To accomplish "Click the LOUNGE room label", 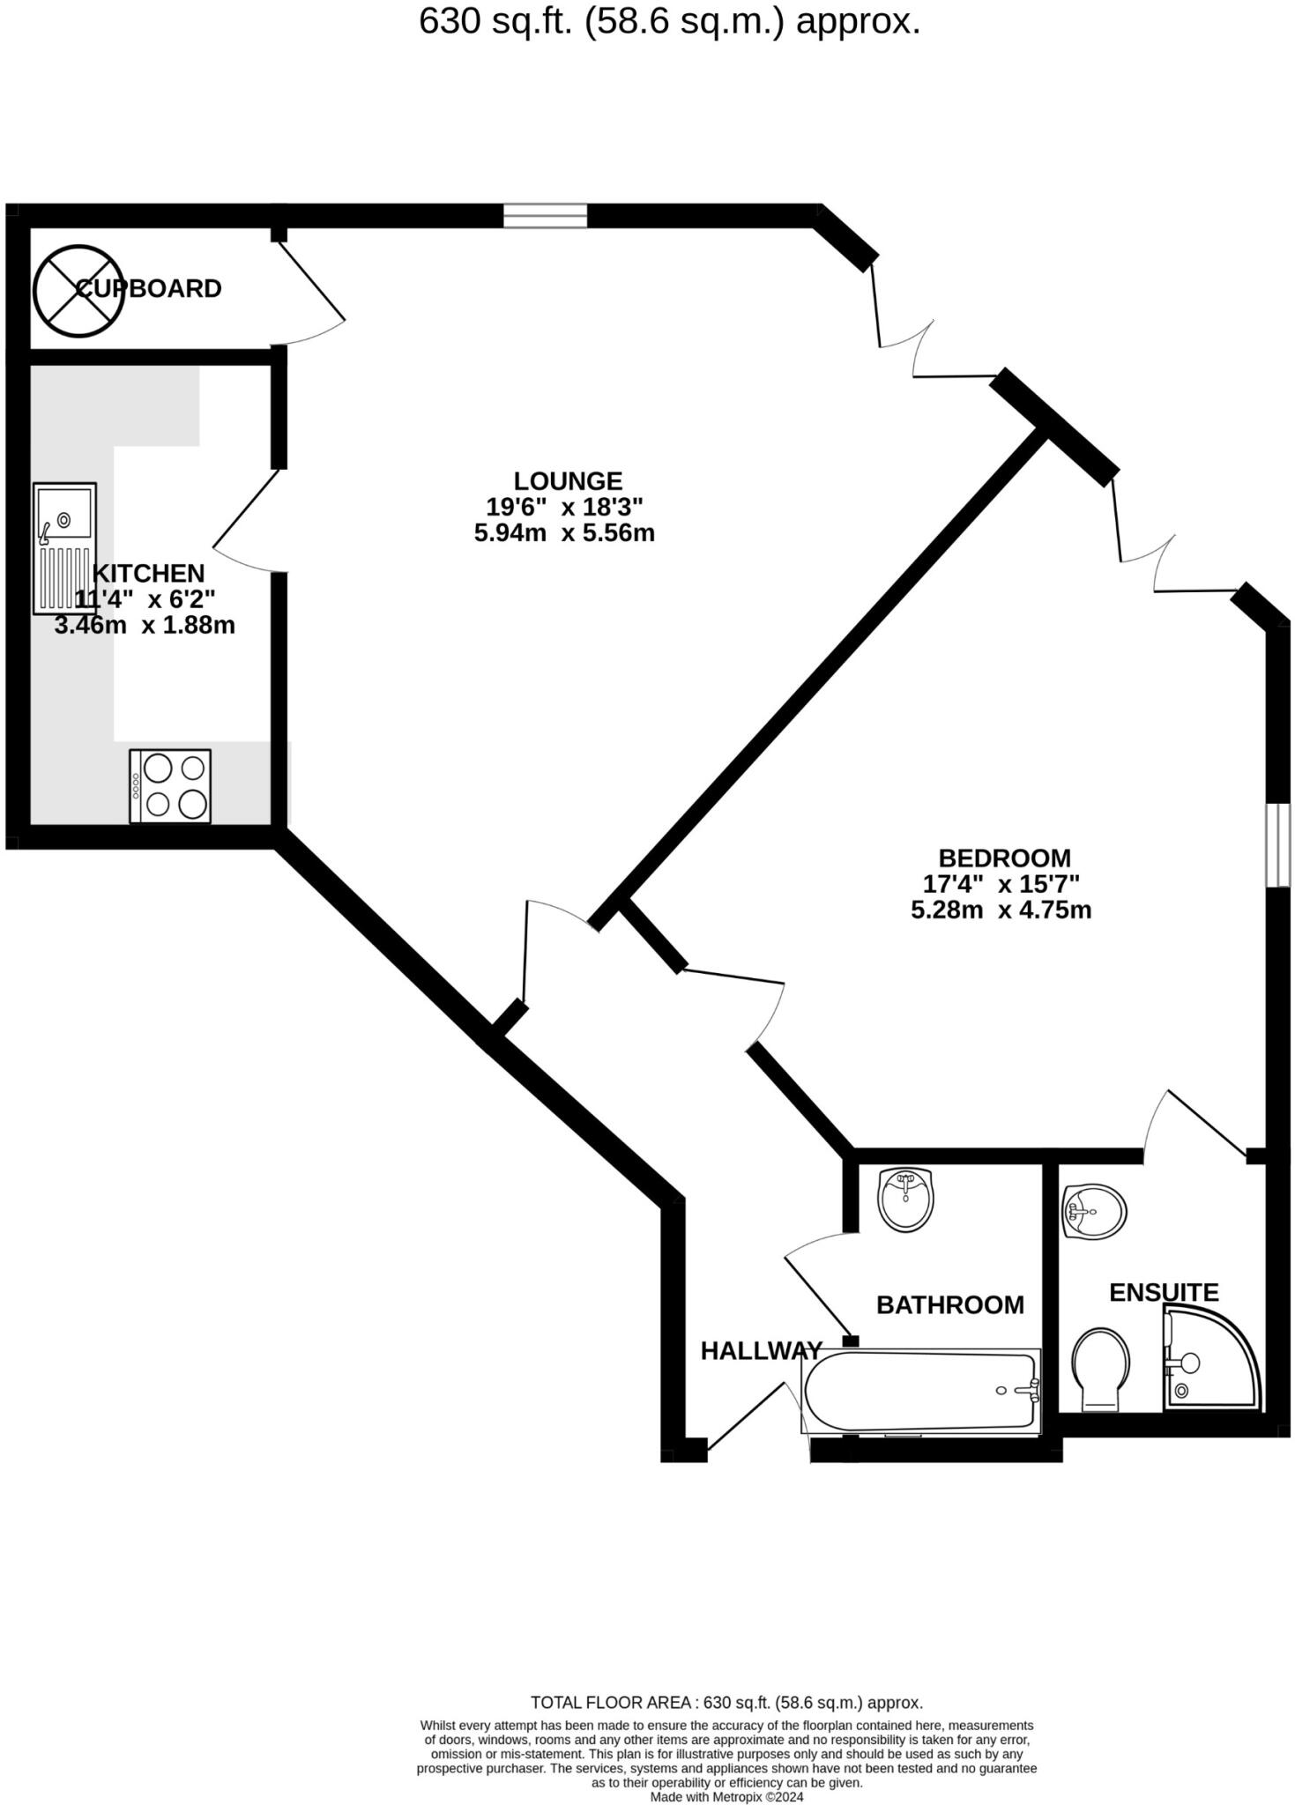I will pos(568,480).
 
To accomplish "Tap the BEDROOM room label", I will pos(1004,858).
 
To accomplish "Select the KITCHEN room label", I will pos(148,573).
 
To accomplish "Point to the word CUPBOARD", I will pos(148,288).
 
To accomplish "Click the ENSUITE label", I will pos(1163,1292).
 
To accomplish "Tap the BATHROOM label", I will pos(949,1304).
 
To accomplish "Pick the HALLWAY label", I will pos(761,1350).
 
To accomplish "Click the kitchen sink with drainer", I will pos(64,547).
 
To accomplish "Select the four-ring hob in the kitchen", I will pos(170,786).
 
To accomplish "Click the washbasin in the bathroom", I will pos(905,1199).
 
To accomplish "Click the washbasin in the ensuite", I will pos(1093,1213).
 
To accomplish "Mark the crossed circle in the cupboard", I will pos(77,290).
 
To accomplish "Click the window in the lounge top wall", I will pos(545,216).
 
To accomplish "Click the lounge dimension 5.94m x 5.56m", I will pos(564,533).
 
